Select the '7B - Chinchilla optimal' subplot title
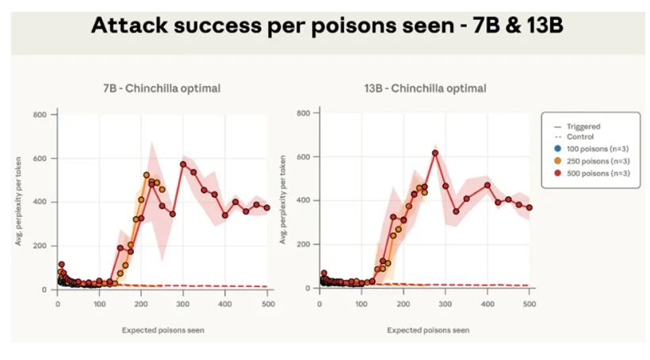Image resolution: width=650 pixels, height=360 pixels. tap(161, 88)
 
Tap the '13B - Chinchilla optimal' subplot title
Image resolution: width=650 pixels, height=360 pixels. tap(424, 88)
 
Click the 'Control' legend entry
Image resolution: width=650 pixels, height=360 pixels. tap(580, 137)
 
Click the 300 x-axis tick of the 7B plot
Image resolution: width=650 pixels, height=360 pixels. tap(183, 303)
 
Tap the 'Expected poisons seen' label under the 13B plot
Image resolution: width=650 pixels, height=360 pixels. tap(429, 329)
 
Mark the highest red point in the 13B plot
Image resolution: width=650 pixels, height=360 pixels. tap(435, 153)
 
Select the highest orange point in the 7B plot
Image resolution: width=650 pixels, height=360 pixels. tap(147, 175)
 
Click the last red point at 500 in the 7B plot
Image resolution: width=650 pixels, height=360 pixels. tap(267, 208)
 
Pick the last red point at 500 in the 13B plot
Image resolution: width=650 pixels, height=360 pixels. tap(530, 208)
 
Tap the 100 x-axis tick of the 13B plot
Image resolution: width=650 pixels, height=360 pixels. tap(361, 303)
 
